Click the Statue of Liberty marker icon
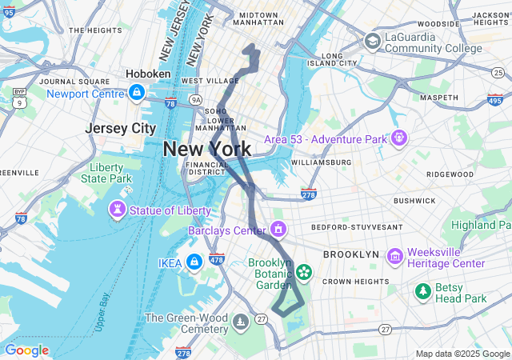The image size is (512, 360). coord(118,210)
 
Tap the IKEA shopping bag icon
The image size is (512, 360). coord(194,262)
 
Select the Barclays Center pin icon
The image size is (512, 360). coord(278,230)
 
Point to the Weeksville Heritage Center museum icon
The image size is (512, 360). coord(394,256)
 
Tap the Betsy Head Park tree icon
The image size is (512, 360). coord(422,292)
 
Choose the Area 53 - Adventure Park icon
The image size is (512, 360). coord(398,138)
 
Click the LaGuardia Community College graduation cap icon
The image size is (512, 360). coord(372,41)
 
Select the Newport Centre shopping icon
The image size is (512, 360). coord(137,94)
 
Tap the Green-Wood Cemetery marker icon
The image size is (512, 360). coord(240,323)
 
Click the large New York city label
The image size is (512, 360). coord(207,149)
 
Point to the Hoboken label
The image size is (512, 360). coord(147,74)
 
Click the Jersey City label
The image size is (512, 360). coord(121,128)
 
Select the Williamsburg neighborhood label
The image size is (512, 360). coord(321,162)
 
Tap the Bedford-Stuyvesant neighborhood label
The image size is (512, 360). coord(357,227)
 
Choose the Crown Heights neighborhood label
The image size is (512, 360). coord(355,282)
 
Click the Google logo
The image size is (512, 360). coord(26,350)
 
